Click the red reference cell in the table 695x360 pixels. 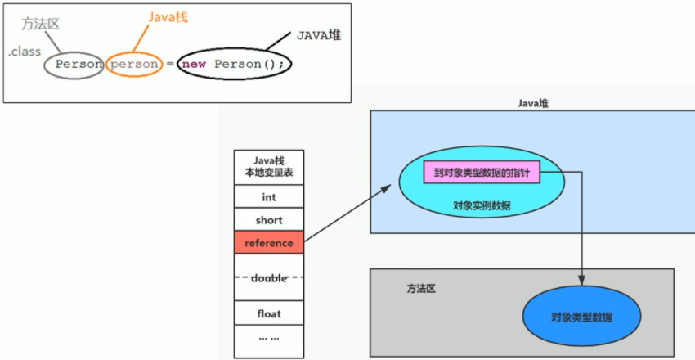point(269,243)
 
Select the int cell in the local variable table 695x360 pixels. point(269,197)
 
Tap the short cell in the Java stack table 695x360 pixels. point(269,220)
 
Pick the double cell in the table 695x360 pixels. point(269,278)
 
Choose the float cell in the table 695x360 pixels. point(269,313)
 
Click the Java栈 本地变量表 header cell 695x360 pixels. point(269,168)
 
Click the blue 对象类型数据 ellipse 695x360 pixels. point(581,317)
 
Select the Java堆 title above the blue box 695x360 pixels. point(533,104)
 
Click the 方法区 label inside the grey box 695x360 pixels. point(422,289)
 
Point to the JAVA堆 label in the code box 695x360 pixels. point(319,35)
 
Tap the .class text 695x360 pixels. point(25,52)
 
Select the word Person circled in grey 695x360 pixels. point(79,64)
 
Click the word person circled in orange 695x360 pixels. point(133,64)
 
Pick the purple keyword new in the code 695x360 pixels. point(193,64)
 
